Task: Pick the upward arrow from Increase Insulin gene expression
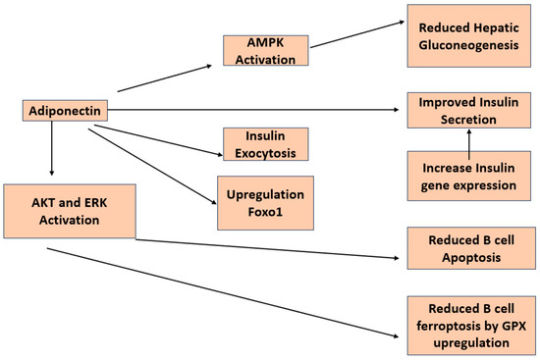tap(467, 140)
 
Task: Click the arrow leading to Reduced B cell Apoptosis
tap(265, 249)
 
